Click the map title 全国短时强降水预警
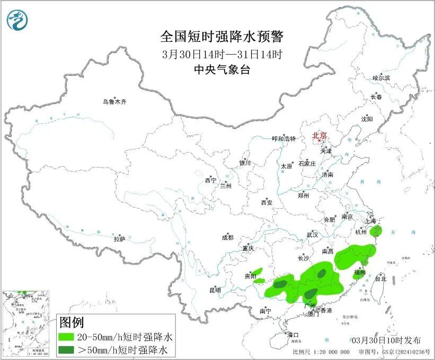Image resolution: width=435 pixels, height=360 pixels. point(222,37)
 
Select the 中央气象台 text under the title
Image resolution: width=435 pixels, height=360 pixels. point(221,69)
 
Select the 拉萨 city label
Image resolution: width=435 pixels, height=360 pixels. point(119,239)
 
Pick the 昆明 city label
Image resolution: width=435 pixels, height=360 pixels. point(215,290)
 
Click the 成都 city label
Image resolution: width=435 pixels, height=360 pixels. point(228,238)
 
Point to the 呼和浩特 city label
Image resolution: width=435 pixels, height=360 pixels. point(283,139)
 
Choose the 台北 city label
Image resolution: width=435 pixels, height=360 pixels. point(380,278)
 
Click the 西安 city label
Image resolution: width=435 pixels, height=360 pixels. point(267,203)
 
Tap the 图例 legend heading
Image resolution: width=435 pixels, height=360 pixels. point(72,322)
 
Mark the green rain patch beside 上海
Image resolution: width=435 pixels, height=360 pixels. point(377,230)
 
